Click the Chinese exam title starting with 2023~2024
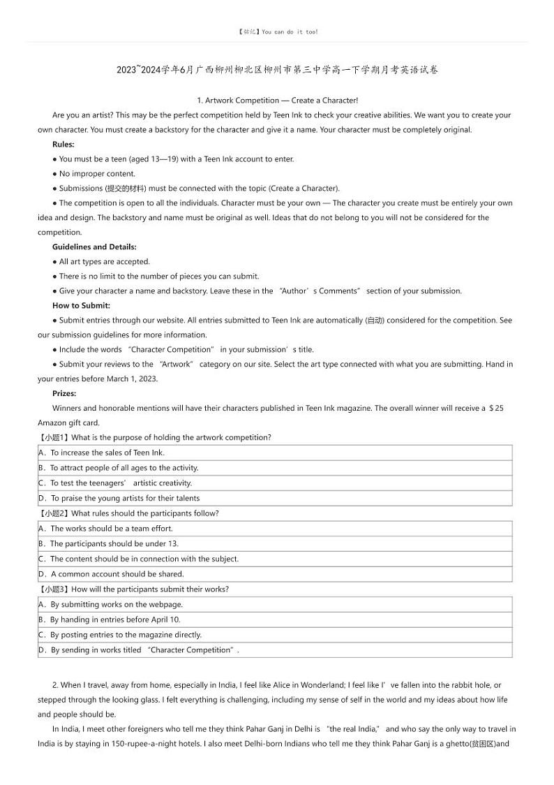[x=277, y=70]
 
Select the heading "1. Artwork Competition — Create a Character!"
[x=278, y=101]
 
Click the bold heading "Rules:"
[x=63, y=145]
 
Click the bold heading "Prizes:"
[x=64, y=394]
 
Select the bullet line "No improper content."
[x=97, y=174]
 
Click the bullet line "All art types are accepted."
[x=104, y=262]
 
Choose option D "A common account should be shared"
[x=117, y=574]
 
